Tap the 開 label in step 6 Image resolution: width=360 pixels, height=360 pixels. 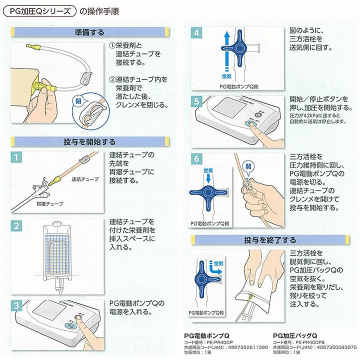(249, 165)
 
